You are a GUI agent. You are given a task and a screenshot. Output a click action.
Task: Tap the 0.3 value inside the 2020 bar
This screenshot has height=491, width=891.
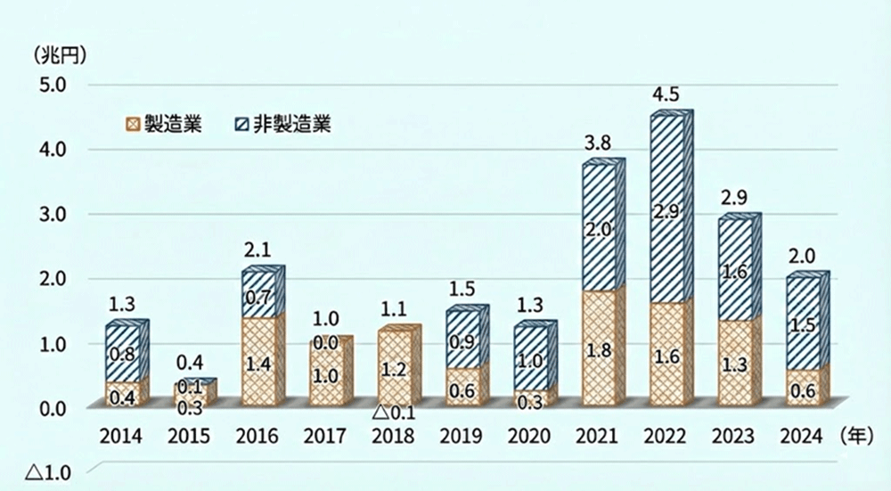point(531,401)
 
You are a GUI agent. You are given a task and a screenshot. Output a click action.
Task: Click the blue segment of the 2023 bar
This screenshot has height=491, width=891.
point(735,269)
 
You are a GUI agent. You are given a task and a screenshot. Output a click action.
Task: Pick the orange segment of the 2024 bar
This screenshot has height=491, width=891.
point(804,389)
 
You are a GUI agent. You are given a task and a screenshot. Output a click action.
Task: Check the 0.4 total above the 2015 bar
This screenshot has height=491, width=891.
point(191,362)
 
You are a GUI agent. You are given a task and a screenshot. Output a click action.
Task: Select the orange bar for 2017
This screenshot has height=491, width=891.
point(326,374)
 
